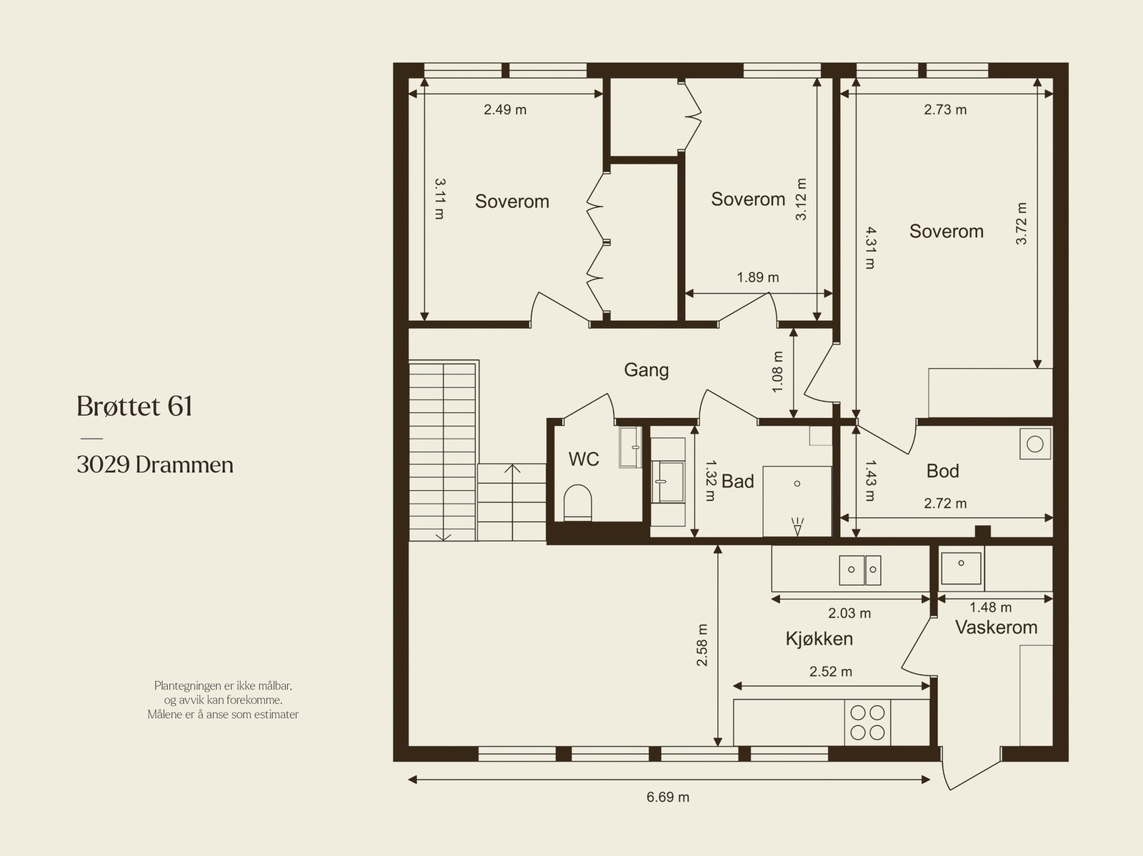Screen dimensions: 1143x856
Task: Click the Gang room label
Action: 647,371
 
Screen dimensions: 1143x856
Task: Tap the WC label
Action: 584,459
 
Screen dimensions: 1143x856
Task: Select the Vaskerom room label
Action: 996,627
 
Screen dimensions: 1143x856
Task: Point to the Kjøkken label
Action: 819,639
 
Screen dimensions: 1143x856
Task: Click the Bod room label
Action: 942,471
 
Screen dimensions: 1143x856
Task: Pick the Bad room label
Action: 737,482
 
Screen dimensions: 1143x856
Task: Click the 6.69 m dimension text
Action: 667,797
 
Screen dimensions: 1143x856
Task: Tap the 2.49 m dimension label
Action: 505,110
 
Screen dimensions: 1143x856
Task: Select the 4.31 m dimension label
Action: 869,248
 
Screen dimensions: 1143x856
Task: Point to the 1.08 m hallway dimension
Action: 777,372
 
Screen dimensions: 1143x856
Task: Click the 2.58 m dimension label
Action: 702,645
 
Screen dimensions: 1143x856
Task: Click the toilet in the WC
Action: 577,503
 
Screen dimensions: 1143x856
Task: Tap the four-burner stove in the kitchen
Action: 867,722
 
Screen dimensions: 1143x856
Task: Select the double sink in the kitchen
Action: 859,570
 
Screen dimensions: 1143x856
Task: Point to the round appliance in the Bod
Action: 1034,444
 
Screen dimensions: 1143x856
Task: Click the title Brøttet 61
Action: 135,406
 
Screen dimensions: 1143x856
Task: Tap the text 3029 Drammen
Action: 155,465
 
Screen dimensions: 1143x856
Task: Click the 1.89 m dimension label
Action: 758,277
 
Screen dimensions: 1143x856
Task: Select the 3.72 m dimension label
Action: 1021,224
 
